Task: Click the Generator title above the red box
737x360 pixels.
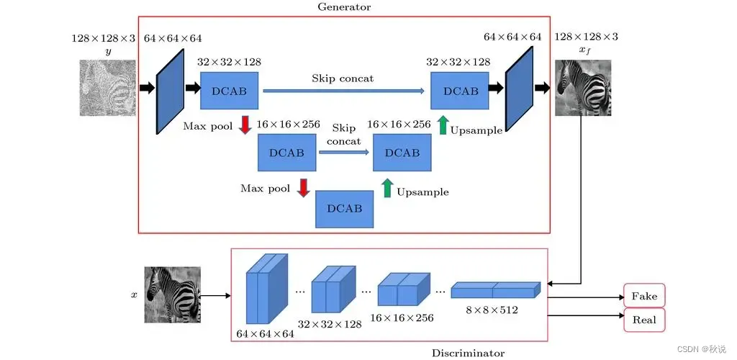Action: tap(344, 7)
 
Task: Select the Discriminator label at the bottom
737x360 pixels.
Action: tap(468, 353)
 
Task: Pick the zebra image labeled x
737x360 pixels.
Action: tap(173, 294)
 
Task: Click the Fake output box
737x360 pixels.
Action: tap(644, 296)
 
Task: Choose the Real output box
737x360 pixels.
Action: tap(644, 320)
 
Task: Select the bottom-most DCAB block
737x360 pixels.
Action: tap(344, 209)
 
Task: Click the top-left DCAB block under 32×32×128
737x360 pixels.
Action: tap(230, 91)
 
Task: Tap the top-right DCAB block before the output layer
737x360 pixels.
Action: tap(459, 91)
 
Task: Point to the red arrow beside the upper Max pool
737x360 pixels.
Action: tap(245, 126)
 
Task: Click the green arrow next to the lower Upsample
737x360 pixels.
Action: tap(387, 189)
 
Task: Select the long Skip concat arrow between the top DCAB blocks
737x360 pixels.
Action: tap(343, 91)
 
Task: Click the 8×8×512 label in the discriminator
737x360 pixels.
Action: tap(493, 310)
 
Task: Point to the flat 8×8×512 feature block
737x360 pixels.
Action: tap(495, 289)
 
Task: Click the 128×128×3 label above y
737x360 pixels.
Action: tap(103, 37)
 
